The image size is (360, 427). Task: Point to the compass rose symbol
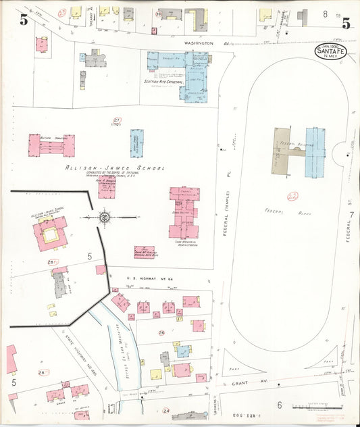click(104, 217)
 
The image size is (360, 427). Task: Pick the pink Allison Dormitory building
click(51, 145)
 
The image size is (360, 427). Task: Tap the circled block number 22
click(292, 197)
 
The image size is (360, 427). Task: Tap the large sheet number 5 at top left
click(24, 20)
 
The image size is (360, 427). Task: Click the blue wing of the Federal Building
click(315, 152)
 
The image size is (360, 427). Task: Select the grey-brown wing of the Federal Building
click(281, 152)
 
